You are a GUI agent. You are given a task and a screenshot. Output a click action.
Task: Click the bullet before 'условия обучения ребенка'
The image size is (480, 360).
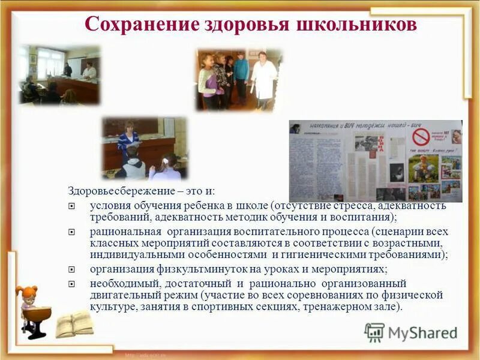72,206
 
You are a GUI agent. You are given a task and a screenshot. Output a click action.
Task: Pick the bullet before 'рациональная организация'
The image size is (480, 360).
72,232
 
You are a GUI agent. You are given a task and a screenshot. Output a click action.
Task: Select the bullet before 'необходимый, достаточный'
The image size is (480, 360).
72,283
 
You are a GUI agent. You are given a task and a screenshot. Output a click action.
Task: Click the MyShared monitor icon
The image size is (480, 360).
374,332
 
